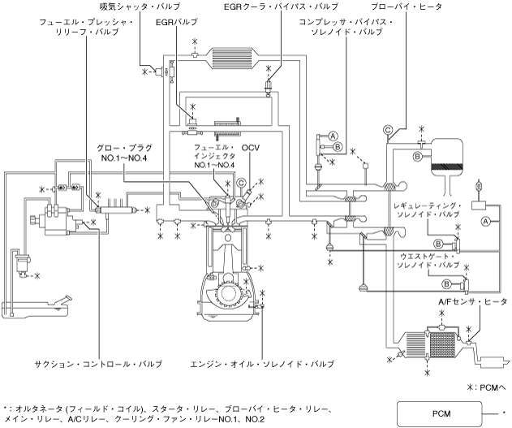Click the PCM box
(x=440, y=413)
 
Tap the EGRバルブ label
(x=177, y=22)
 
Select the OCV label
(x=251, y=148)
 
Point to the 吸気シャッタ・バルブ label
(x=140, y=6)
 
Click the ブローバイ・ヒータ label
(x=407, y=6)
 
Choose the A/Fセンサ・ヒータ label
(x=472, y=301)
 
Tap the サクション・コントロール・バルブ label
(x=98, y=364)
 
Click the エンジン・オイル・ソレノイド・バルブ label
(x=262, y=364)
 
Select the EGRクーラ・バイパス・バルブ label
(x=281, y=6)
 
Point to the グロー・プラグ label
(x=124, y=148)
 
